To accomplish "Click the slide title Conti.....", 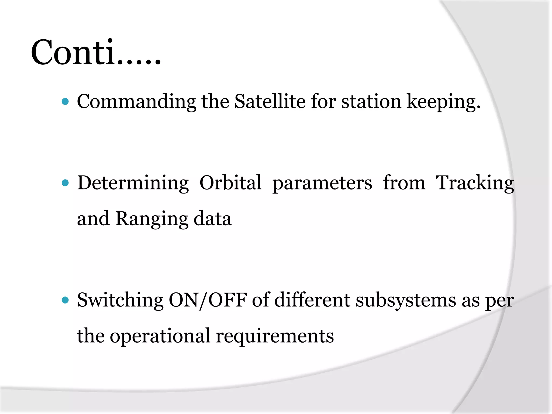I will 96,53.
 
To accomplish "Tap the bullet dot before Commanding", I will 65,102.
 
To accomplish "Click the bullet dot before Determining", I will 65,183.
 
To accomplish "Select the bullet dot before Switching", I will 65,300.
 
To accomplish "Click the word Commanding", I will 136,102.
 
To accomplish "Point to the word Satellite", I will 270,102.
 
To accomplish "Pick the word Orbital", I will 230,183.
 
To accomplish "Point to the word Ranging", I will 152,219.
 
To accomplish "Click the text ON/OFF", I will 208,300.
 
